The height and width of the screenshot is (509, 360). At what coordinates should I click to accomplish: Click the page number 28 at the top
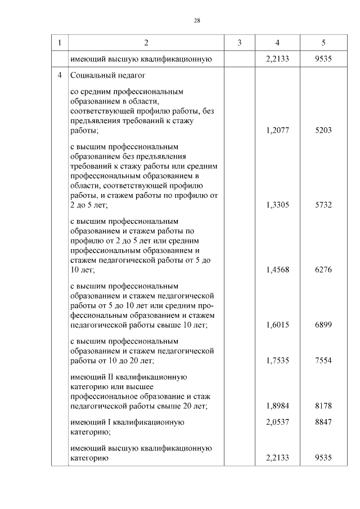pos(197,20)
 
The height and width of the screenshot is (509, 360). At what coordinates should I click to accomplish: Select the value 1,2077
pos(277,130)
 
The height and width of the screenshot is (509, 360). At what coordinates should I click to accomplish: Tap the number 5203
pos(323,130)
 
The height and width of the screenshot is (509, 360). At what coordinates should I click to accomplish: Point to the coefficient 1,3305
pos(277,205)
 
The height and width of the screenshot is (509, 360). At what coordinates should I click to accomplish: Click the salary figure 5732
pos(323,205)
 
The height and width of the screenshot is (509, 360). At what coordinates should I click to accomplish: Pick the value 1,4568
pos(277,269)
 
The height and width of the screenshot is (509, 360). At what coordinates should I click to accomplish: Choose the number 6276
pos(323,269)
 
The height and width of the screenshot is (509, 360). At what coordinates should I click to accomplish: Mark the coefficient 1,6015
pos(277,325)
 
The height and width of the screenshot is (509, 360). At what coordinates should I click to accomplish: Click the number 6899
pos(323,325)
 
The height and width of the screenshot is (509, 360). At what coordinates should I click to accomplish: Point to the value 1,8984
pos(277,406)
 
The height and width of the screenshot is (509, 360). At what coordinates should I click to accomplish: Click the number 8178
pos(323,406)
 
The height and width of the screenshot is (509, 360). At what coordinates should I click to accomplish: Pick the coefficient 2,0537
pos(277,422)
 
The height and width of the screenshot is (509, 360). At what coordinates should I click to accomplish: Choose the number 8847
pos(323,422)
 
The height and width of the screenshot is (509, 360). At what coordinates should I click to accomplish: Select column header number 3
pos(240,43)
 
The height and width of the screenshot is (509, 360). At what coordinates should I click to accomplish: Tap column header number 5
pos(323,43)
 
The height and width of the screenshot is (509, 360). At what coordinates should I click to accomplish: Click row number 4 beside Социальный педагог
pos(60,75)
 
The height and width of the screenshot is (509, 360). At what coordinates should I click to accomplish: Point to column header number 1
pos(60,43)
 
